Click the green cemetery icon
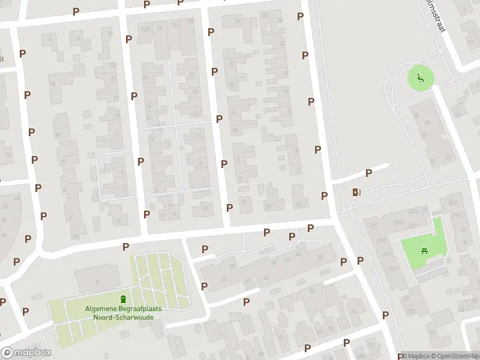click(x=124, y=299)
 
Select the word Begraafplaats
click(x=142, y=309)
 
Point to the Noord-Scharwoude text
click(x=123, y=317)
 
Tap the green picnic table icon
click(x=425, y=251)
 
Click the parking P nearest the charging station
click(x=368, y=173)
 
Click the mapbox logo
click(x=26, y=352)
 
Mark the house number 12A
click(x=144, y=28)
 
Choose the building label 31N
click(x=397, y=222)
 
